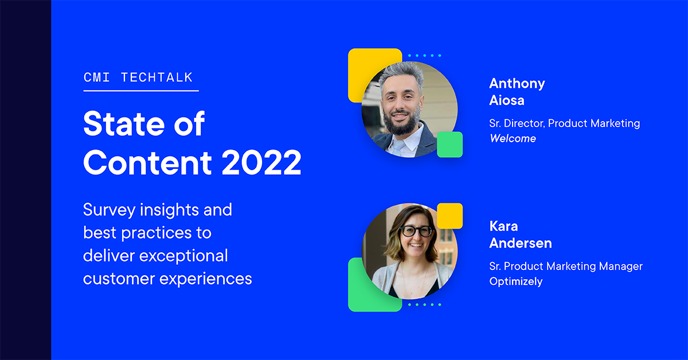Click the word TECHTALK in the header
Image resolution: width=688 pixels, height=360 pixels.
tap(157, 77)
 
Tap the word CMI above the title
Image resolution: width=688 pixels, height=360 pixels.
tap(96, 77)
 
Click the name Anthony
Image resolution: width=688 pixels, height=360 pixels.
tap(517, 84)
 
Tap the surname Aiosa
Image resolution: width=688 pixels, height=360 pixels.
tap(507, 101)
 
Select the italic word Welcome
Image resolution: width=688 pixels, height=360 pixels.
tap(513, 138)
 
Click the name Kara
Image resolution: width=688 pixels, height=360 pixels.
tap(503, 226)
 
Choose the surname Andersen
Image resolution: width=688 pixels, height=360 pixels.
tap(521, 243)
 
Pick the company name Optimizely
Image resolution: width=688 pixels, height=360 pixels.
tap(515, 281)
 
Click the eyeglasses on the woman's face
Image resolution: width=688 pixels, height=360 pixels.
tap(416, 232)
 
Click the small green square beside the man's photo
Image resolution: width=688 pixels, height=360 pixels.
tap(449, 144)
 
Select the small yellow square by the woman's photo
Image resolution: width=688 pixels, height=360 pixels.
tap(450, 215)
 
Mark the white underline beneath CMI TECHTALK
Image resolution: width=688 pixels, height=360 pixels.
tap(141, 91)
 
